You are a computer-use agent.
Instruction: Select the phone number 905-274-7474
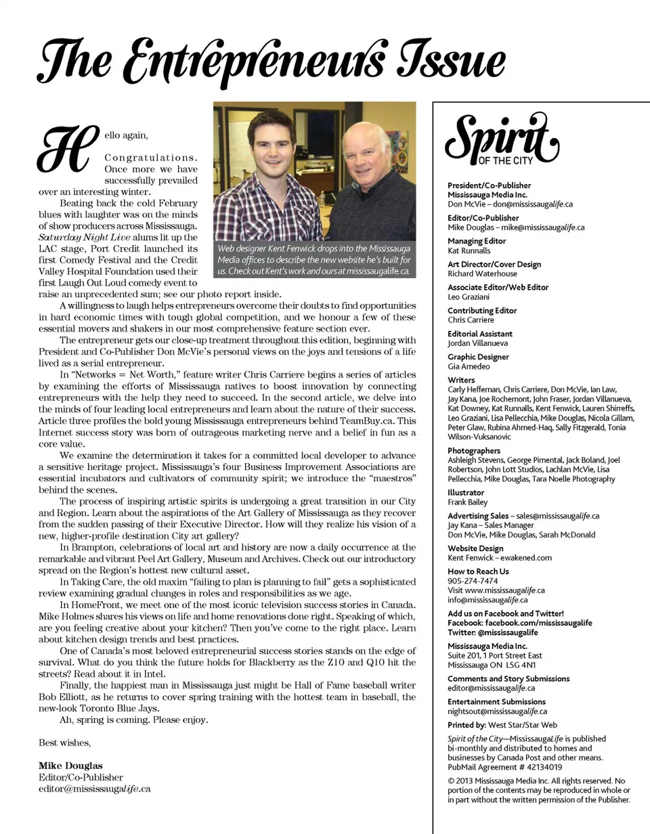point(473,581)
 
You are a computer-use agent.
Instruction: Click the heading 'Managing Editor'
point(476,241)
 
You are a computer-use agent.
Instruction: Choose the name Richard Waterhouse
point(482,274)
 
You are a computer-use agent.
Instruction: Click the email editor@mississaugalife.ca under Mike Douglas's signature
point(94,789)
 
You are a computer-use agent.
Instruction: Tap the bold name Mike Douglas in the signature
point(70,766)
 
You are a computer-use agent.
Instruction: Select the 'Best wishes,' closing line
point(64,743)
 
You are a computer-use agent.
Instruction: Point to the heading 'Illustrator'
point(466,493)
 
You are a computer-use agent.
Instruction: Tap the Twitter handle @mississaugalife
point(506,633)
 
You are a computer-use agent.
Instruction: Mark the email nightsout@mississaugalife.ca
point(497,711)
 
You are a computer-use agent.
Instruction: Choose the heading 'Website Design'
point(475,548)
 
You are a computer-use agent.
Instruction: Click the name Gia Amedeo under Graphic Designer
point(469,366)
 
